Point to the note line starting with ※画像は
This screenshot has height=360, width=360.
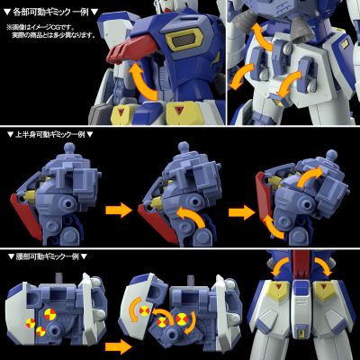52,27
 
